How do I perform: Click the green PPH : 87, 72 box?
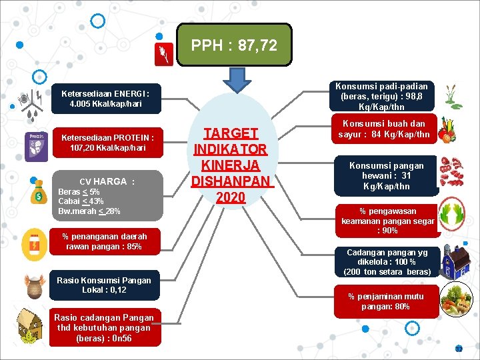(234, 45)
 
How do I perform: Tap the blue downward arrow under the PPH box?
(234, 80)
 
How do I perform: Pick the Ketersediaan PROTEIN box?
(107, 143)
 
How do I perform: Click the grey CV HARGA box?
(107, 195)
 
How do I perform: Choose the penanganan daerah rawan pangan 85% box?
(105, 241)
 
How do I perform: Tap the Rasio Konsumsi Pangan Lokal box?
(104, 285)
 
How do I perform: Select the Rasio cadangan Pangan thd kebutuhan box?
(104, 327)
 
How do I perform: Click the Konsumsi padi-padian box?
(381, 96)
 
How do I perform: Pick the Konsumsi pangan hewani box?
(387, 176)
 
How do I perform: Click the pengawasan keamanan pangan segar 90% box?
(387, 221)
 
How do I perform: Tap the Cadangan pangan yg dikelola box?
(387, 262)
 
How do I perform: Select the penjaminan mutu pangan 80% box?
(386, 302)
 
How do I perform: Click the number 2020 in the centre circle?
(231, 197)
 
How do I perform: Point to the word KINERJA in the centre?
(231, 165)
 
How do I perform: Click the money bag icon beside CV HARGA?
(35, 194)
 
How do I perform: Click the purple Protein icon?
(35, 146)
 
